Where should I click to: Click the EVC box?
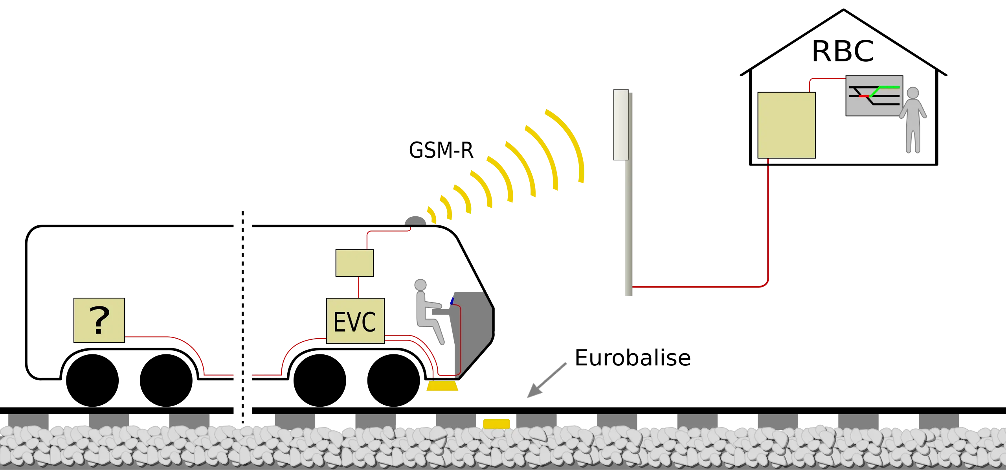coord(355,321)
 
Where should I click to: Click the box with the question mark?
coord(99,320)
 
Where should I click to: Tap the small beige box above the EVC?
coord(354,263)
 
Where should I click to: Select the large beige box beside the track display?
coord(787,125)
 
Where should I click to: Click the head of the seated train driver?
coord(420,284)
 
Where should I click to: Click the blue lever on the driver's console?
coord(452,301)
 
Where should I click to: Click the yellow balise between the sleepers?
coord(496,424)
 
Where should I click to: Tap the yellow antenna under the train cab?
coord(442,387)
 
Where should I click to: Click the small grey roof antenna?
coord(415,219)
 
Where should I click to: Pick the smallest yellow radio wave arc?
coord(432,214)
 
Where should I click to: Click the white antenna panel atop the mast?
coord(621,124)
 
